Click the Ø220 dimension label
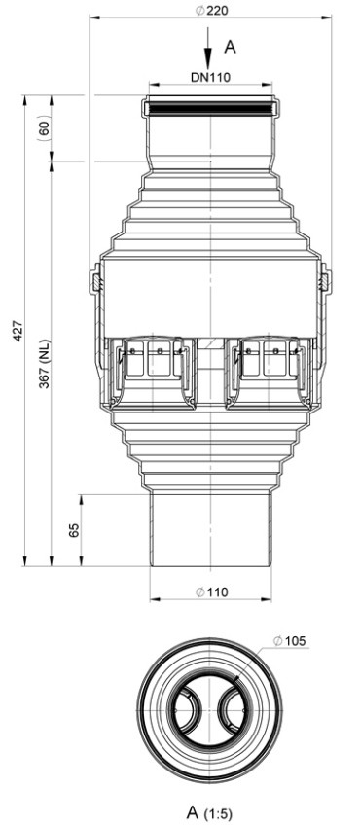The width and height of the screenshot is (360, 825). click(212, 10)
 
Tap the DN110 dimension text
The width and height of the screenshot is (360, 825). click(210, 77)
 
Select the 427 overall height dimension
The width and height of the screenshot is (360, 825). click(18, 331)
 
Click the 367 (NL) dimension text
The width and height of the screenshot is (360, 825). click(44, 364)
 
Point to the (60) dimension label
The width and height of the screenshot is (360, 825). click(44, 128)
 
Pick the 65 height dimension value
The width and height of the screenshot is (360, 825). click(74, 530)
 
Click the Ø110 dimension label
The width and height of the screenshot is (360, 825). click(212, 592)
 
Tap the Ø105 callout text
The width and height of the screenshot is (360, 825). click(290, 641)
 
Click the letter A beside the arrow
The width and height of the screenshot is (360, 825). click(230, 47)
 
